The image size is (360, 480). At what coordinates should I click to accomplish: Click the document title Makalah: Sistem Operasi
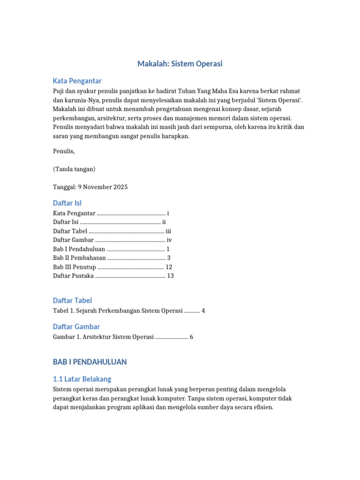[180, 64]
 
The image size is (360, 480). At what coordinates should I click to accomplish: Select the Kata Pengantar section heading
[77, 81]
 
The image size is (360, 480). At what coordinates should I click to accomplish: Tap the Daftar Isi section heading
[67, 202]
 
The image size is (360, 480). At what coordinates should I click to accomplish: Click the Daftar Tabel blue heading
[72, 300]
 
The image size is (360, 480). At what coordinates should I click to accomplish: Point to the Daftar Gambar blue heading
[76, 326]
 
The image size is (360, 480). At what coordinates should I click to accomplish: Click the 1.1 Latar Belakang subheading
[82, 379]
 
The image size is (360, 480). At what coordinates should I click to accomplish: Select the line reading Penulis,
[64, 151]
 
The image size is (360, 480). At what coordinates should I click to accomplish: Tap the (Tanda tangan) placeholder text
[74, 169]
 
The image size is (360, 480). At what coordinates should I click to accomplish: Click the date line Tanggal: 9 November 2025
[90, 187]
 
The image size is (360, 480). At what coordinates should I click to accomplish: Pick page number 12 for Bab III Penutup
[169, 267]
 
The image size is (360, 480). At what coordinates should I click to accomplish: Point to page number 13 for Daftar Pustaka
[170, 276]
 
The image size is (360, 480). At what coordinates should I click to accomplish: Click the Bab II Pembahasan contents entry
[79, 258]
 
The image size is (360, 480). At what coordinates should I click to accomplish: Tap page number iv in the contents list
[169, 240]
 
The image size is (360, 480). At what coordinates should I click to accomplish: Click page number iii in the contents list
[169, 231]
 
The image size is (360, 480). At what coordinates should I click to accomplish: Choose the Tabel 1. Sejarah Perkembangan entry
[117, 310]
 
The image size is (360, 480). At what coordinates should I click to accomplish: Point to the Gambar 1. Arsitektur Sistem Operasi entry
[103, 337]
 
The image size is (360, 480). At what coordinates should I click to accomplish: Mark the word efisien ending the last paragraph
[262, 407]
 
